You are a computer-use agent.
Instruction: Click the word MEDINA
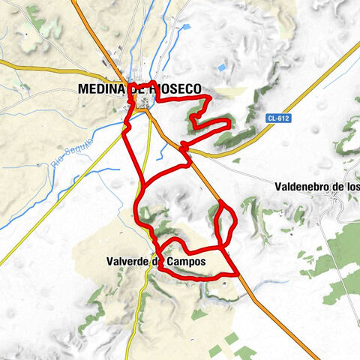click(100, 88)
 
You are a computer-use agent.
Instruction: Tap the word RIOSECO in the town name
click(175, 88)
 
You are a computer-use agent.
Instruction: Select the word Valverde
click(124, 262)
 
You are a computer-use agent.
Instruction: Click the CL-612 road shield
click(278, 118)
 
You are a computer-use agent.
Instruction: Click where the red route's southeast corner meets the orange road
click(238, 274)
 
